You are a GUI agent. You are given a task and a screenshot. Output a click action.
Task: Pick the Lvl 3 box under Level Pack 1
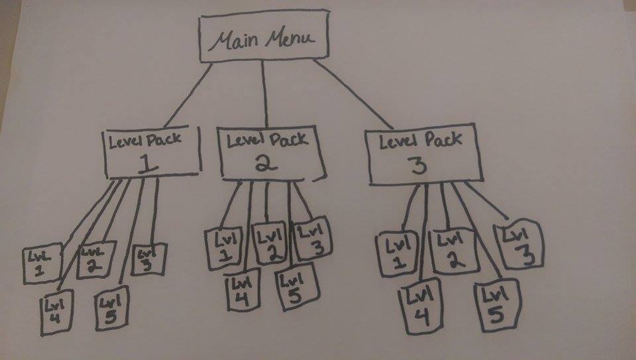click(150, 259)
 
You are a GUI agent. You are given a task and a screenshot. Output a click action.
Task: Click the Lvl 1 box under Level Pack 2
click(223, 249)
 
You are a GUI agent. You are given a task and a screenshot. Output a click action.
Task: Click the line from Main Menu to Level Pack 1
click(184, 98)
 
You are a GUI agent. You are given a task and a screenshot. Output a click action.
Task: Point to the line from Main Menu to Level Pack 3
click(353, 94)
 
